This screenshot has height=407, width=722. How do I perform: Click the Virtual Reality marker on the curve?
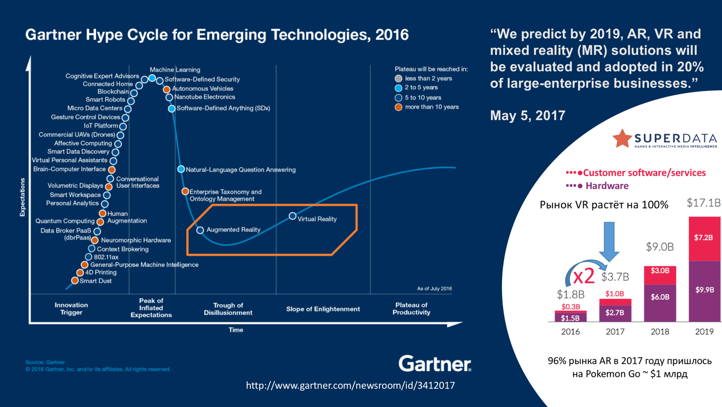[292, 216]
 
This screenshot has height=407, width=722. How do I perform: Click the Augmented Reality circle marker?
[200, 230]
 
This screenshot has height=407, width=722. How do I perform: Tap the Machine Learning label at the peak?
[175, 70]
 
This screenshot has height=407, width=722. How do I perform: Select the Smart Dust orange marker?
[75, 280]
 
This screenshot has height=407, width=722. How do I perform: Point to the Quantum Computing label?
[65, 221]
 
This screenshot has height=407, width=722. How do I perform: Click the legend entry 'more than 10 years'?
[431, 107]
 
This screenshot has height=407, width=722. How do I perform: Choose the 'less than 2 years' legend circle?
[399, 79]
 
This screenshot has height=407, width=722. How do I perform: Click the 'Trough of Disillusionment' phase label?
[228, 309]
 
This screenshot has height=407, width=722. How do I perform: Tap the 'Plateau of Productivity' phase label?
[411, 309]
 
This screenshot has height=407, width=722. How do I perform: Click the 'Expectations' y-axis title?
[22, 197]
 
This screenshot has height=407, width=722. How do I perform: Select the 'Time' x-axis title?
[236, 330]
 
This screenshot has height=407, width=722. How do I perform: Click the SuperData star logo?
[622, 138]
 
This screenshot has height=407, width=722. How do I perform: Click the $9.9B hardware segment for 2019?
[704, 290]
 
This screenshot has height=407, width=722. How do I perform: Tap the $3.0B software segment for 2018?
[659, 271]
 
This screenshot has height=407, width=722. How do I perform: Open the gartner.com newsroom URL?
[350, 386]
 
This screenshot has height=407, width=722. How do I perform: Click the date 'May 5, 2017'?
[527, 115]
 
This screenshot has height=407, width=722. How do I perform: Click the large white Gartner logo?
[434, 364]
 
